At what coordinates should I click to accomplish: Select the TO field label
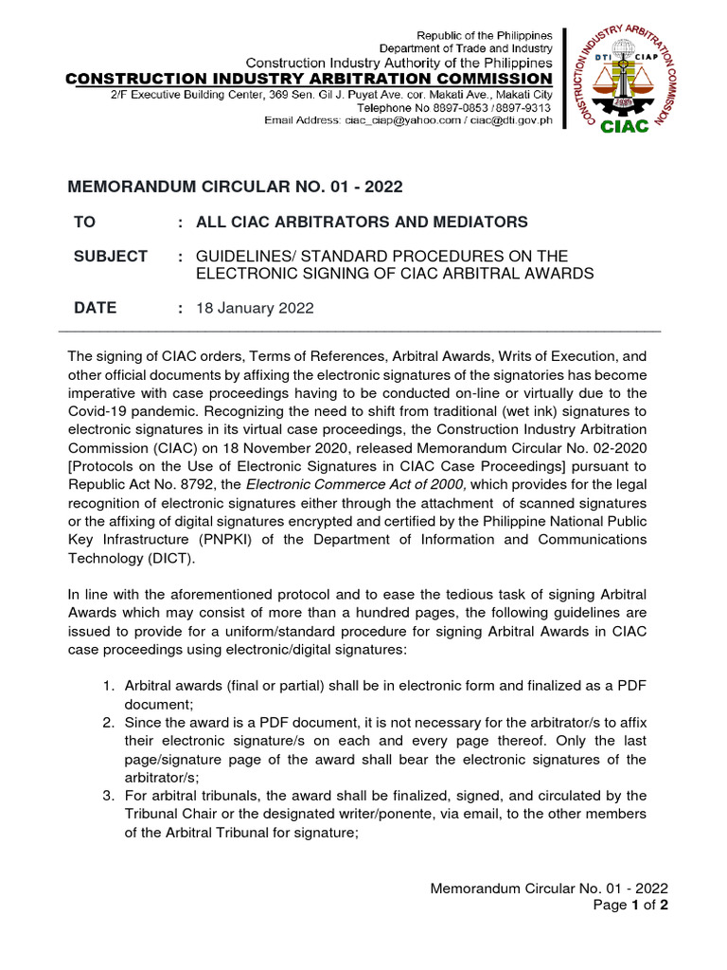tap(85, 222)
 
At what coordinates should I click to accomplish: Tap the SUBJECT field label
tap(111, 257)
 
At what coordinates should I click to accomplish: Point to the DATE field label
tap(96, 308)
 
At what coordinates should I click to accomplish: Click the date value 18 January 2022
tap(255, 308)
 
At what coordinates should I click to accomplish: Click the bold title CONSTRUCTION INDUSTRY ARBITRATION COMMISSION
tap(308, 78)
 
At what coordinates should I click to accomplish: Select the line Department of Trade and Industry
tap(466, 48)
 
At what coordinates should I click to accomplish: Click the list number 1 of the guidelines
tap(108, 685)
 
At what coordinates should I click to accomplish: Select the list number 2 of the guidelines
tap(108, 723)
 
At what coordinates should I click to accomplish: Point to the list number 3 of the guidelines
tap(108, 795)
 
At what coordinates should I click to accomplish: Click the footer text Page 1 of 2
tap(633, 905)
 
